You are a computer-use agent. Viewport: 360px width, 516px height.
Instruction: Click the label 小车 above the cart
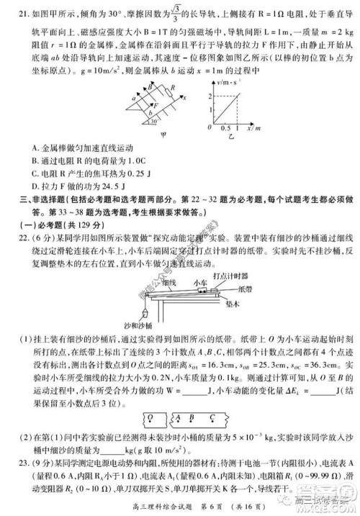pos(202,283)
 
